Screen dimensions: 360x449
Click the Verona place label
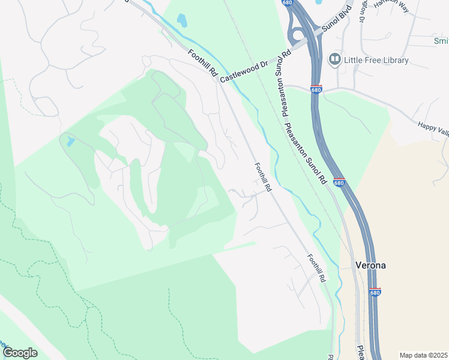(x=371, y=265)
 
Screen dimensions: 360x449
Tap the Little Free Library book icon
(x=335, y=59)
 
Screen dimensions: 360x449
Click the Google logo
(x=20, y=353)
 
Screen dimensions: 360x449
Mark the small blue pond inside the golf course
(x=71, y=142)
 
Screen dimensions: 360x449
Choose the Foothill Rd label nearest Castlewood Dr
(x=202, y=62)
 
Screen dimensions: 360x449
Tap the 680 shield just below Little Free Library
(x=317, y=89)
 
